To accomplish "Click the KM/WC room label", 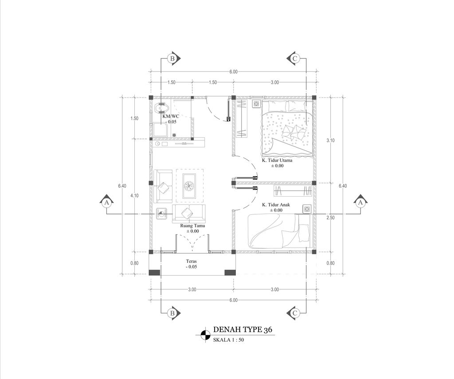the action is point(171,116).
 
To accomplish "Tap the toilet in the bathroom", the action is point(161,108).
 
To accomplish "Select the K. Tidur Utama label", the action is point(277,160).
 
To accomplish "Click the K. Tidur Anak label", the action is point(276,205).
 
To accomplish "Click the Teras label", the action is point(192,261).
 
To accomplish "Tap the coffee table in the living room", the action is point(189,186).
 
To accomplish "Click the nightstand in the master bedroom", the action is point(256,103).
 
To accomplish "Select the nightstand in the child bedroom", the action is point(307,209).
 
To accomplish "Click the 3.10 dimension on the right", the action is point(330,140).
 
